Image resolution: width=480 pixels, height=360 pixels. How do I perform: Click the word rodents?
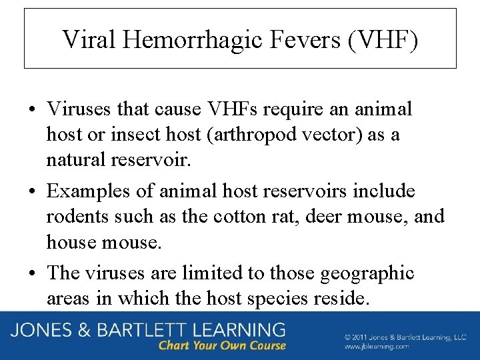[79, 217]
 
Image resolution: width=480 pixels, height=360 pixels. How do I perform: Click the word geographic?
[367, 273]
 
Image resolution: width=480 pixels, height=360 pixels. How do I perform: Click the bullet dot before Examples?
[33, 192]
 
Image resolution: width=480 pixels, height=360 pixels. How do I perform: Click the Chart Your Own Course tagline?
[222, 345]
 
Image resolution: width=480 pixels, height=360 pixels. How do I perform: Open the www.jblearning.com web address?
[377, 346]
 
